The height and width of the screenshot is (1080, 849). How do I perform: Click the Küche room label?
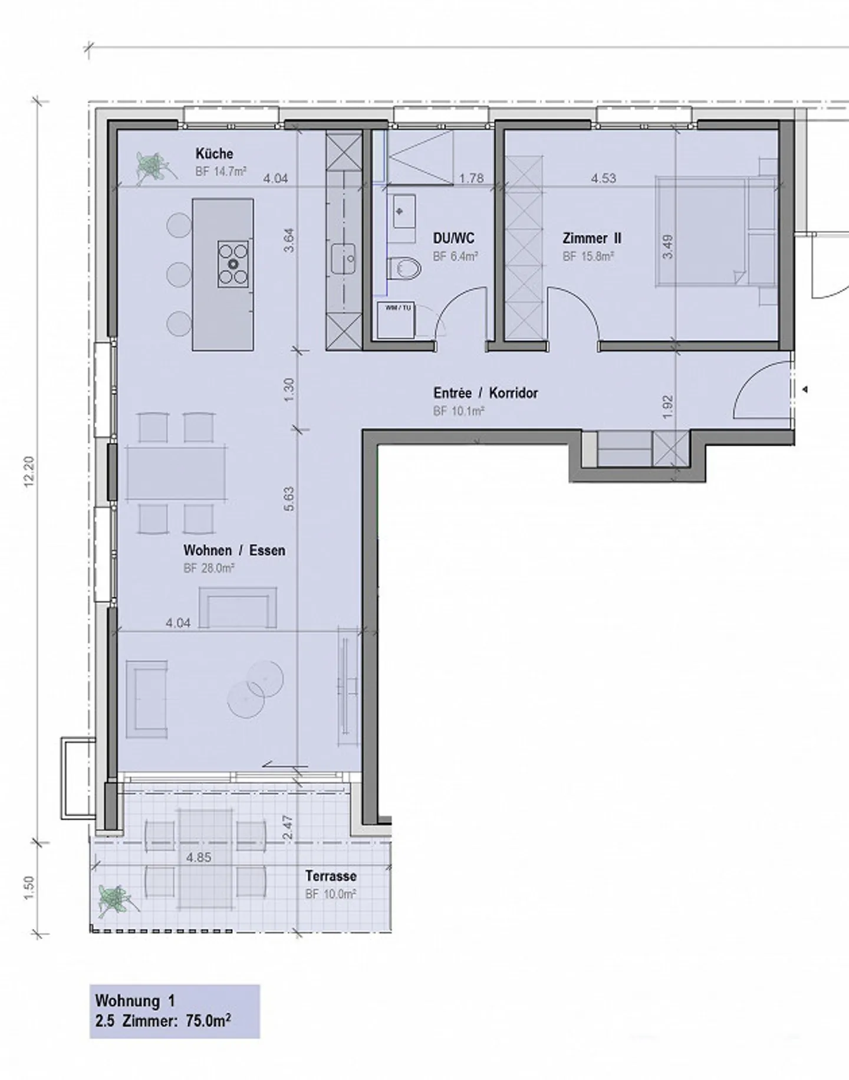pos(214,154)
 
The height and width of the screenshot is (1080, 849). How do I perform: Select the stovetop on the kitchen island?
pos(233,264)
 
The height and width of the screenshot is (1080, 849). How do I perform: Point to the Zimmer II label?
pos(592,238)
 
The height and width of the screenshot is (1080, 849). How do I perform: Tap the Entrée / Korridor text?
pos(485,393)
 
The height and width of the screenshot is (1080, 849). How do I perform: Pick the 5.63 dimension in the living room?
pos(289,500)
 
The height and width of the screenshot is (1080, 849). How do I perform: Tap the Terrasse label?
pos(331,876)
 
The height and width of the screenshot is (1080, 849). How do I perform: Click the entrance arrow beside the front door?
pos(805,390)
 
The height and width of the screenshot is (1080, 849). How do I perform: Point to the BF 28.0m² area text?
pos(209,569)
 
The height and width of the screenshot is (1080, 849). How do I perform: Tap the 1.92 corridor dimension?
pos(667,407)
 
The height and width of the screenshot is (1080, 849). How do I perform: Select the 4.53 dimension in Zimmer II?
pos(604,178)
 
